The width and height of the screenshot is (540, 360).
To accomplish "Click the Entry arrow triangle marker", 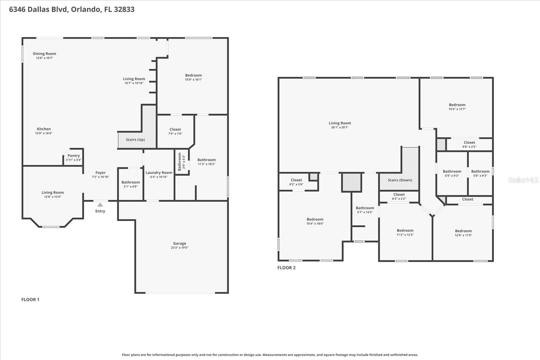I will [x=100, y=204].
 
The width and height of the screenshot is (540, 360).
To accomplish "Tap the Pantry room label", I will [x=74, y=156].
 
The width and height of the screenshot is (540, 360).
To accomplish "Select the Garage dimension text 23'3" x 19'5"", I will [x=180, y=248].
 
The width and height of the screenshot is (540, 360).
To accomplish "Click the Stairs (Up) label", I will [x=135, y=140].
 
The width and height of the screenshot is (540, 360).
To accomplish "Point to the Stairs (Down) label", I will [x=400, y=180].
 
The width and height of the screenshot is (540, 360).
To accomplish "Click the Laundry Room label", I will [x=159, y=172].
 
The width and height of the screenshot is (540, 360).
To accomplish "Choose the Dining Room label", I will [x=45, y=54].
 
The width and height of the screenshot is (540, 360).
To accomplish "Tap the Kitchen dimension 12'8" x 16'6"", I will [x=44, y=133].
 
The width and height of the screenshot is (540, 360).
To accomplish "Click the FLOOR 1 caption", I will [x=30, y=300].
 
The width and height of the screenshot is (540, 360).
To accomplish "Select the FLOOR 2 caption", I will [x=287, y=268].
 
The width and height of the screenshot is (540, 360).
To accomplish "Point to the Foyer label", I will [x=101, y=172].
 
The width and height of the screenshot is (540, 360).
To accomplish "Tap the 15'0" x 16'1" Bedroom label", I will [x=193, y=75].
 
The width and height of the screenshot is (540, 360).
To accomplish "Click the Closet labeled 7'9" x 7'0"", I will [x=175, y=129].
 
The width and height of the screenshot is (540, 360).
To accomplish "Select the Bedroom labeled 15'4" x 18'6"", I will [x=315, y=219].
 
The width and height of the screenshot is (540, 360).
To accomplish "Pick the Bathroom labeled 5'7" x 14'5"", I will [x=365, y=208].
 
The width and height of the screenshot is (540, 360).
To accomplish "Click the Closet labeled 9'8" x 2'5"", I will [x=469, y=142].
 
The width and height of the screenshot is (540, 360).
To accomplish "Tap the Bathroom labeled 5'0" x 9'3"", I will [x=480, y=171].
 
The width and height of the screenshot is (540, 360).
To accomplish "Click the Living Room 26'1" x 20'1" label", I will [x=340, y=123].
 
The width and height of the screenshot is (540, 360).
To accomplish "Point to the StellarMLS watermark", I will [x=523, y=180].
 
